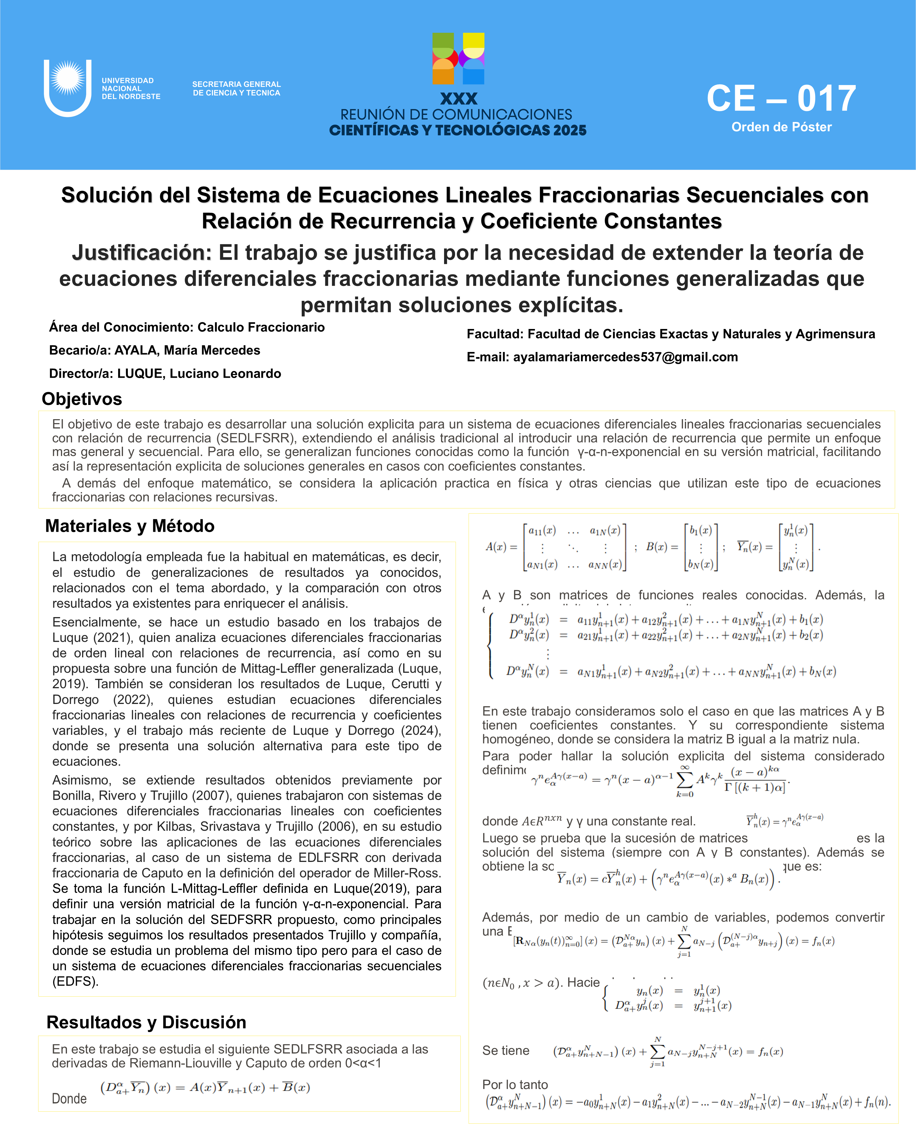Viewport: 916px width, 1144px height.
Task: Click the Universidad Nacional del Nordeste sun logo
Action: tap(68, 87)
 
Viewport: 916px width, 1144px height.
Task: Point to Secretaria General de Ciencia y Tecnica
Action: tap(236, 89)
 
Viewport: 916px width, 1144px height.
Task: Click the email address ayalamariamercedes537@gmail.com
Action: tap(625, 357)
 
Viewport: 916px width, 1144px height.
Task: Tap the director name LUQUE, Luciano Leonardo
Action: tap(199, 373)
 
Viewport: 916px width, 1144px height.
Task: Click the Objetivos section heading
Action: tap(82, 399)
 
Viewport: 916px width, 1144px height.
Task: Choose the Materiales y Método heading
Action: tap(130, 526)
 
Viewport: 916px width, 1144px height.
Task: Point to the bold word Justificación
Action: tap(142, 253)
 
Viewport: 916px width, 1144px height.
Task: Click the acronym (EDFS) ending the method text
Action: tap(75, 981)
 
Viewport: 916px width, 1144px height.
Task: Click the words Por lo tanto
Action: tap(515, 1085)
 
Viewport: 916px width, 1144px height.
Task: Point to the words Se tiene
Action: tap(506, 1050)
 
